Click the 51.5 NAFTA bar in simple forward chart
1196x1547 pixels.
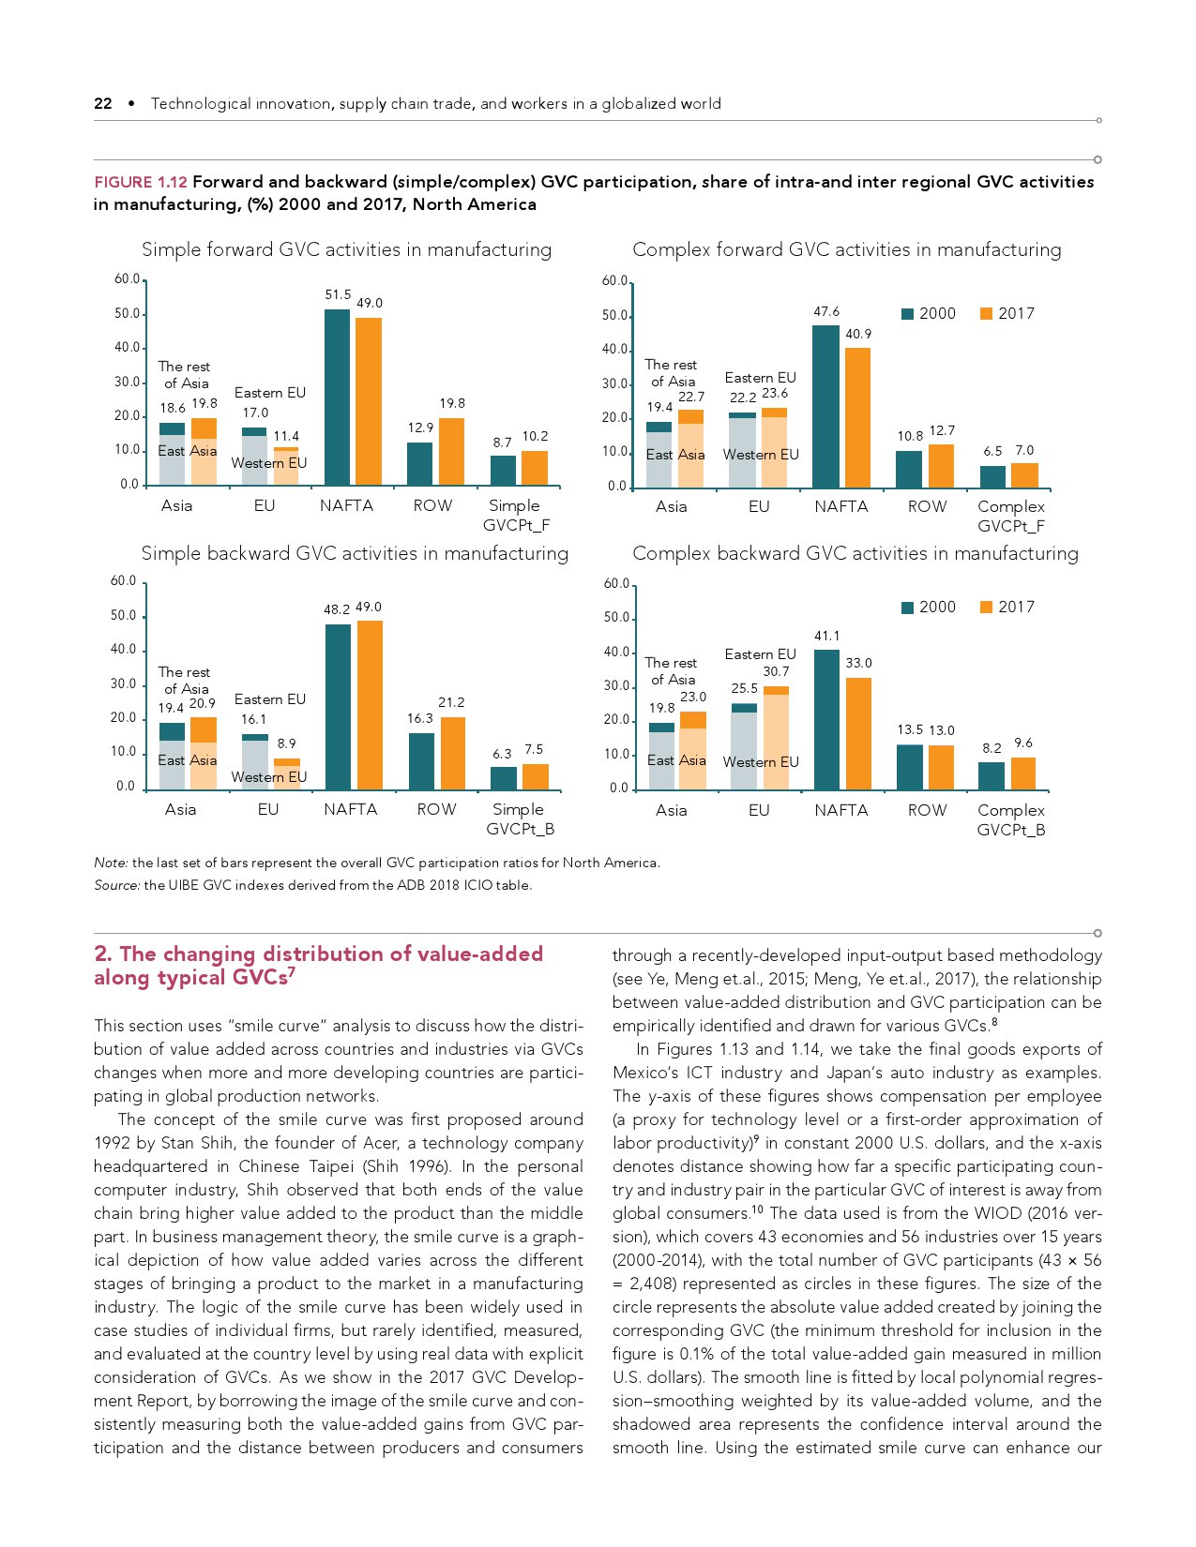337,397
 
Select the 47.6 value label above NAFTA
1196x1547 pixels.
826,312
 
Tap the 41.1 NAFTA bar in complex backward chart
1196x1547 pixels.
826,719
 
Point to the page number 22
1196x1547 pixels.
103,104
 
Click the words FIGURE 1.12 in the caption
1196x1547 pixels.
141,182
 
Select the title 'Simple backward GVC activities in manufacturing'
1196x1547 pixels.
355,554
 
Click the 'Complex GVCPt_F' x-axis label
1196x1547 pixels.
1010,516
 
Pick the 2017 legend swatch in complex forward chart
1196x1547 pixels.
986,314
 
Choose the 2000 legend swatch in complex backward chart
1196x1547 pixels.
907,608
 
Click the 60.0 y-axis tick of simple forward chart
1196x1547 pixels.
127,279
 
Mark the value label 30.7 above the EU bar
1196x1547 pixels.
776,671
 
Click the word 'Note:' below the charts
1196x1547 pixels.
111,863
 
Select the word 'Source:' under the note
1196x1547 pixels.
116,885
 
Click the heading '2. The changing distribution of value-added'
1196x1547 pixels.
318,954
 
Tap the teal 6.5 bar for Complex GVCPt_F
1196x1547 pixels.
992,477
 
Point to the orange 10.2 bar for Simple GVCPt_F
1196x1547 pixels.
535,468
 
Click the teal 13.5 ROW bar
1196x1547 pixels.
910,767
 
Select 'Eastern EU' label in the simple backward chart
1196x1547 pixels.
270,699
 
